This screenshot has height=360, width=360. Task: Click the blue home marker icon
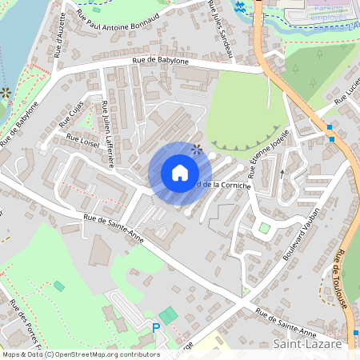[x=179, y=173]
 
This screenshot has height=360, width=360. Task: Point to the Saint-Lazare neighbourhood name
[x=307, y=345]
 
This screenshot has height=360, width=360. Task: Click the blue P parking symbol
[x=156, y=327]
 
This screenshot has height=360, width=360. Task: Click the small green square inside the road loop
[x=264, y=228]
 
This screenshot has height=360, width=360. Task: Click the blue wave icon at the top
[x=240, y=7]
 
